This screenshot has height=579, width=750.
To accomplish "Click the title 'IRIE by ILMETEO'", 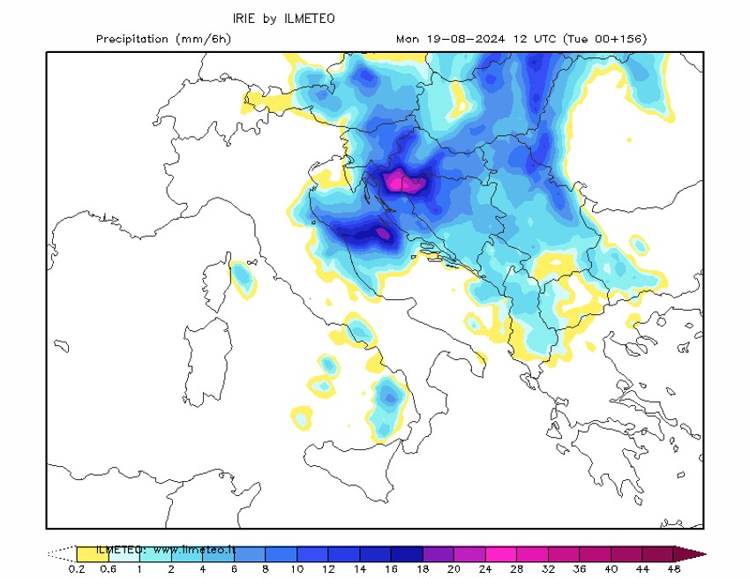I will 283,19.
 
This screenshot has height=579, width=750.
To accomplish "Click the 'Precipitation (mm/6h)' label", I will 163,39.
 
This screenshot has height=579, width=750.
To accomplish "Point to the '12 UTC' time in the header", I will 539,39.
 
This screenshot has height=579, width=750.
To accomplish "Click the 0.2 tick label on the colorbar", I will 76,569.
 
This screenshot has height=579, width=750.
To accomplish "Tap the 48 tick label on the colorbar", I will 674,569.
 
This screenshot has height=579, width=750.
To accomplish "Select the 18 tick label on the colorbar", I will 423,569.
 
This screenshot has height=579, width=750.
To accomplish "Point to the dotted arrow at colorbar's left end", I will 61,553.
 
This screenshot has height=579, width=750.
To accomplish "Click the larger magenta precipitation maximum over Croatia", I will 404,181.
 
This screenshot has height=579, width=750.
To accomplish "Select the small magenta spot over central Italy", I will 382,234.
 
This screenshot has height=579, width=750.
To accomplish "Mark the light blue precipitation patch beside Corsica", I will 243,279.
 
